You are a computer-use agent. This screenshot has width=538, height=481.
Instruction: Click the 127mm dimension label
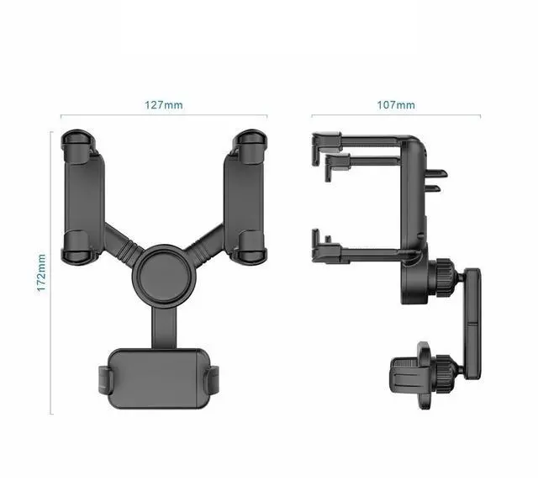coord(164,105)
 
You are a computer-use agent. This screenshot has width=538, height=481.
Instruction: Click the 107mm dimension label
coord(396,105)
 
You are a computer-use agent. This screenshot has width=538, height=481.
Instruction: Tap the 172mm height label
coord(41,273)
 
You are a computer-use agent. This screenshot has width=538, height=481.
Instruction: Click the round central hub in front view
coord(165,276)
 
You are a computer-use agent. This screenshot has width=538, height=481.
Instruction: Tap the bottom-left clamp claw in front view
coord(76,247)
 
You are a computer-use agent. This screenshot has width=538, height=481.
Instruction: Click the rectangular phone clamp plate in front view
coord(159,378)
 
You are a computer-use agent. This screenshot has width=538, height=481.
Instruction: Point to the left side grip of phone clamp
coord(104,380)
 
